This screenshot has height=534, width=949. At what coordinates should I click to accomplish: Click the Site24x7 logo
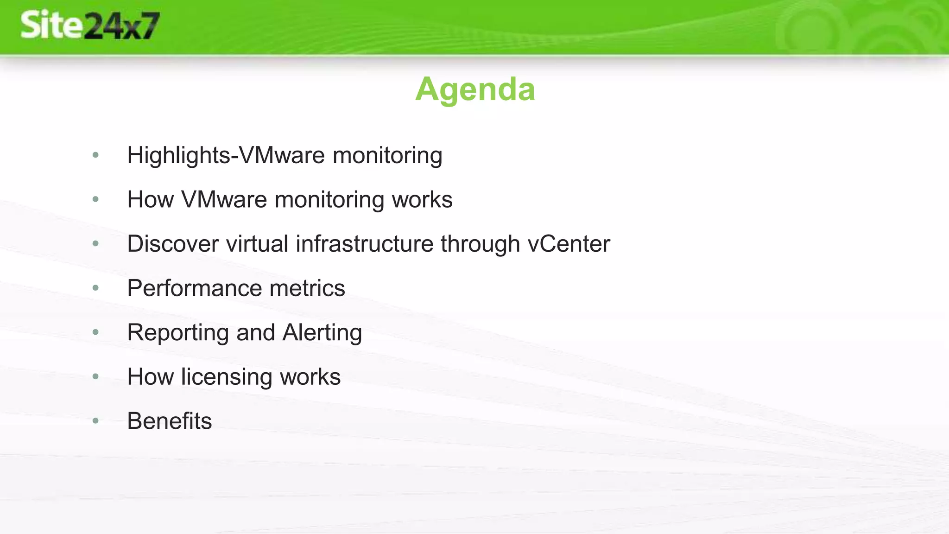click(90, 25)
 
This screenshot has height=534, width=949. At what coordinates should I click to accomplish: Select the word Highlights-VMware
click(226, 155)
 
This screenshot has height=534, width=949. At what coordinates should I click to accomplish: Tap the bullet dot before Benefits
click(95, 421)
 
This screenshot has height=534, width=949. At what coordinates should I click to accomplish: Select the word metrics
click(307, 288)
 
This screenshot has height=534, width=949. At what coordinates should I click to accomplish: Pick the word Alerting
click(322, 333)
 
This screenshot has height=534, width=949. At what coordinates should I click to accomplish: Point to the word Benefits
click(170, 421)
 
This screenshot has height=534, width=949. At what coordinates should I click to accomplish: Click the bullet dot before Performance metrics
click(95, 288)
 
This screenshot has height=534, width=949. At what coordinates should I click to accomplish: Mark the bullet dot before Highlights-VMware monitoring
click(95, 155)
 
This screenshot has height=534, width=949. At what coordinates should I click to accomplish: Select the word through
click(480, 244)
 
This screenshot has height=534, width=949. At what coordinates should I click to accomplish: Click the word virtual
click(257, 244)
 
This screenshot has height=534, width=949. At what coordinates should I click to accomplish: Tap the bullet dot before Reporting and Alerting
click(95, 332)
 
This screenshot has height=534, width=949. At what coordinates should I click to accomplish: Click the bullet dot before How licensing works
click(95, 376)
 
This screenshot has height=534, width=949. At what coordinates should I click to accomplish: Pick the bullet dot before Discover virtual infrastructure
click(95, 244)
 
